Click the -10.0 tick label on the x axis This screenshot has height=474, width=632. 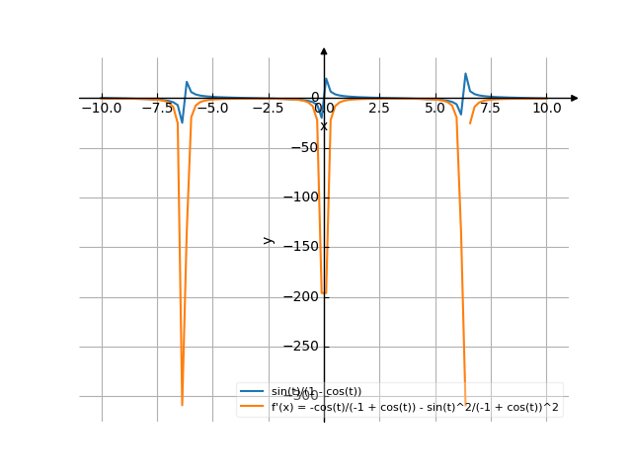[x=102, y=107]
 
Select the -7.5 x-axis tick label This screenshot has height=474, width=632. [x=157, y=107]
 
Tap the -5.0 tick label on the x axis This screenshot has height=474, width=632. [x=212, y=107]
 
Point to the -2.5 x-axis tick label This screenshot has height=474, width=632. [x=268, y=107]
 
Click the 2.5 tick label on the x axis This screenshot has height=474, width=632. [x=379, y=107]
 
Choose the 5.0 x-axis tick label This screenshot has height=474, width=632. [x=435, y=107]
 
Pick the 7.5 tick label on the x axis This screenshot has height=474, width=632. [x=491, y=107]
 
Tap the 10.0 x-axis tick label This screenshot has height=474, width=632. [x=546, y=107]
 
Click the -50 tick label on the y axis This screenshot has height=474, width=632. [x=302, y=148]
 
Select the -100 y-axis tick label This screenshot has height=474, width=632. [x=298, y=197]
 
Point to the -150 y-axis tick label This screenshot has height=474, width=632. [x=298, y=247]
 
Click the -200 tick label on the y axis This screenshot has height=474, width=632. [x=298, y=296]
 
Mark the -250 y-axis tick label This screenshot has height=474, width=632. [x=298, y=346]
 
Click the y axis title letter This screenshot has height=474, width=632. [x=267, y=239]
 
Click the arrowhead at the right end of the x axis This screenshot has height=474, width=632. [x=575, y=98]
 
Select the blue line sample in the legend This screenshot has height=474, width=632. [x=253, y=391]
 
